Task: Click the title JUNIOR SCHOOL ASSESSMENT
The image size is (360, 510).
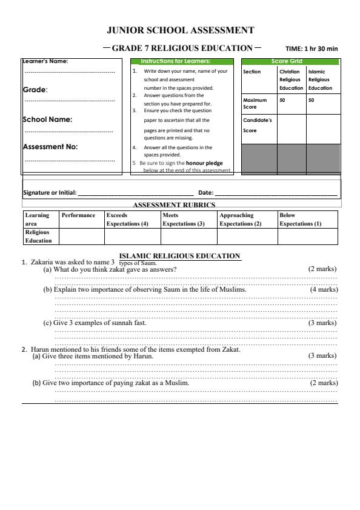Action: click(x=180, y=30)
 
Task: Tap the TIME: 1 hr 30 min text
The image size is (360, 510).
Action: click(x=312, y=49)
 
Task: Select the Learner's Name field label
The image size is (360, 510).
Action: click(x=45, y=61)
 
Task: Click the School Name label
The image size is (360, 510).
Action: click(x=47, y=119)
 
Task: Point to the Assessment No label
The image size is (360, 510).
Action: click(x=50, y=146)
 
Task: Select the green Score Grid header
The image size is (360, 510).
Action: click(x=290, y=61)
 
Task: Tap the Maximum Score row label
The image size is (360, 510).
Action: click(x=255, y=104)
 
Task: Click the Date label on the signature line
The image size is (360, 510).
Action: click(x=206, y=193)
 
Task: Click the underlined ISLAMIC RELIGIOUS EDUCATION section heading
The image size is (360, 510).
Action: click(x=180, y=256)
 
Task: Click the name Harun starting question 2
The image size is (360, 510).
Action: click(x=39, y=349)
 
